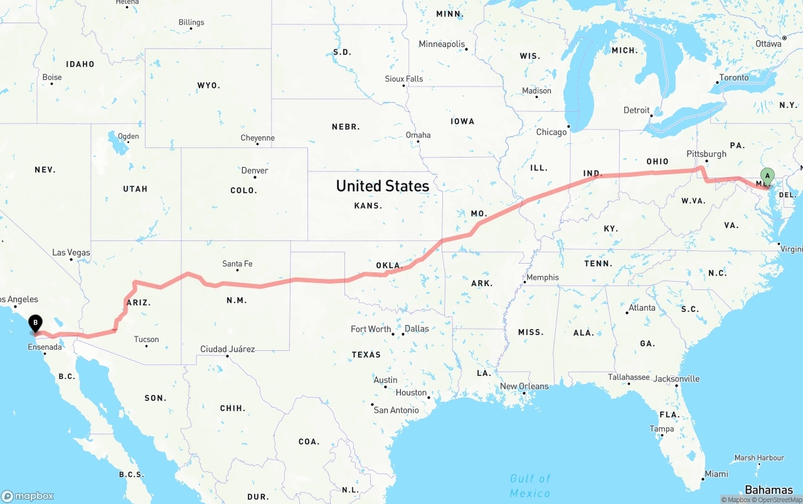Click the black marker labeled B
pos(36,323)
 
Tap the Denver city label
pos(255,171)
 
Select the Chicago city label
pos(551,132)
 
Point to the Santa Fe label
pos(237,264)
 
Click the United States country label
pos(383,186)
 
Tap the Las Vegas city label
pos(71,253)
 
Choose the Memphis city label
pos(543,277)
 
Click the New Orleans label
pos(524,387)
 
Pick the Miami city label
pos(716,474)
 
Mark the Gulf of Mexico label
pos(530,486)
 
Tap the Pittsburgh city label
pos(706,154)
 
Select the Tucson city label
pos(146,340)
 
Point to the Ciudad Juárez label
pos(227,349)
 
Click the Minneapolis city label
pos(442,45)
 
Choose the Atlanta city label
pos(642,308)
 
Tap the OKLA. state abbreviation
pos(388,265)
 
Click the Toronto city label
pos(734,78)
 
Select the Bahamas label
pos(768,490)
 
